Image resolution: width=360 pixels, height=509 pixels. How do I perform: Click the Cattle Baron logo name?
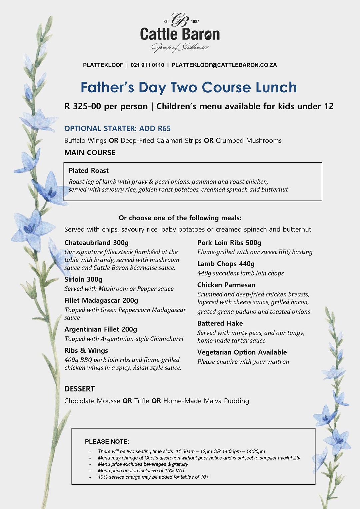click(x=180, y=34)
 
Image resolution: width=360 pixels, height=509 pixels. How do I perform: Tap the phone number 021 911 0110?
click(x=147, y=65)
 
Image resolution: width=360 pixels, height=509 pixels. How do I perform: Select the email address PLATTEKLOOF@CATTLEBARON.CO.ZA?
click(x=224, y=65)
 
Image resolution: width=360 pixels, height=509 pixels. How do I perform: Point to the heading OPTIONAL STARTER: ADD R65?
click(x=117, y=129)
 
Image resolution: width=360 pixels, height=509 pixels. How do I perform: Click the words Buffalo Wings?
click(x=85, y=141)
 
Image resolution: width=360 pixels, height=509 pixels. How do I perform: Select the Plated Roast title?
click(x=89, y=171)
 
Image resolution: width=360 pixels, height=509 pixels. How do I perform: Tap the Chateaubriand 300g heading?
click(x=96, y=243)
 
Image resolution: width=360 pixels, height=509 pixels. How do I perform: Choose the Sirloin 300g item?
click(x=83, y=279)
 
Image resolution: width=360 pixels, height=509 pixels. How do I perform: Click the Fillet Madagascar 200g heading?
click(x=101, y=300)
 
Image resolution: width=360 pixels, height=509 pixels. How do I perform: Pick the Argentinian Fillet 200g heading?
click(x=101, y=329)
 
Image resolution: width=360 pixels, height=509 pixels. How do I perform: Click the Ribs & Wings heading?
click(x=86, y=350)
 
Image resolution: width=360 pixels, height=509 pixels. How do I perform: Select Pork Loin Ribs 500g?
click(x=229, y=243)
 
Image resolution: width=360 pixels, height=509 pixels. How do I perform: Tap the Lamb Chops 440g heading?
click(x=226, y=264)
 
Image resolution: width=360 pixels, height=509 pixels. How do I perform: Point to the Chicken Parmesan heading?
click(x=226, y=285)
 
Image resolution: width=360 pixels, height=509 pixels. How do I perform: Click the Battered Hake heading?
click(x=220, y=323)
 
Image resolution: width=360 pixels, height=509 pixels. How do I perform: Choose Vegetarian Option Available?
click(x=242, y=352)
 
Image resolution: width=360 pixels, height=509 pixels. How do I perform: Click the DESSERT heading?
click(x=79, y=389)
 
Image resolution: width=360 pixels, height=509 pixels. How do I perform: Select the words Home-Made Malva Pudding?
click(x=206, y=401)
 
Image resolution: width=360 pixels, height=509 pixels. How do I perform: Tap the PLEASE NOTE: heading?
click(x=107, y=442)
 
